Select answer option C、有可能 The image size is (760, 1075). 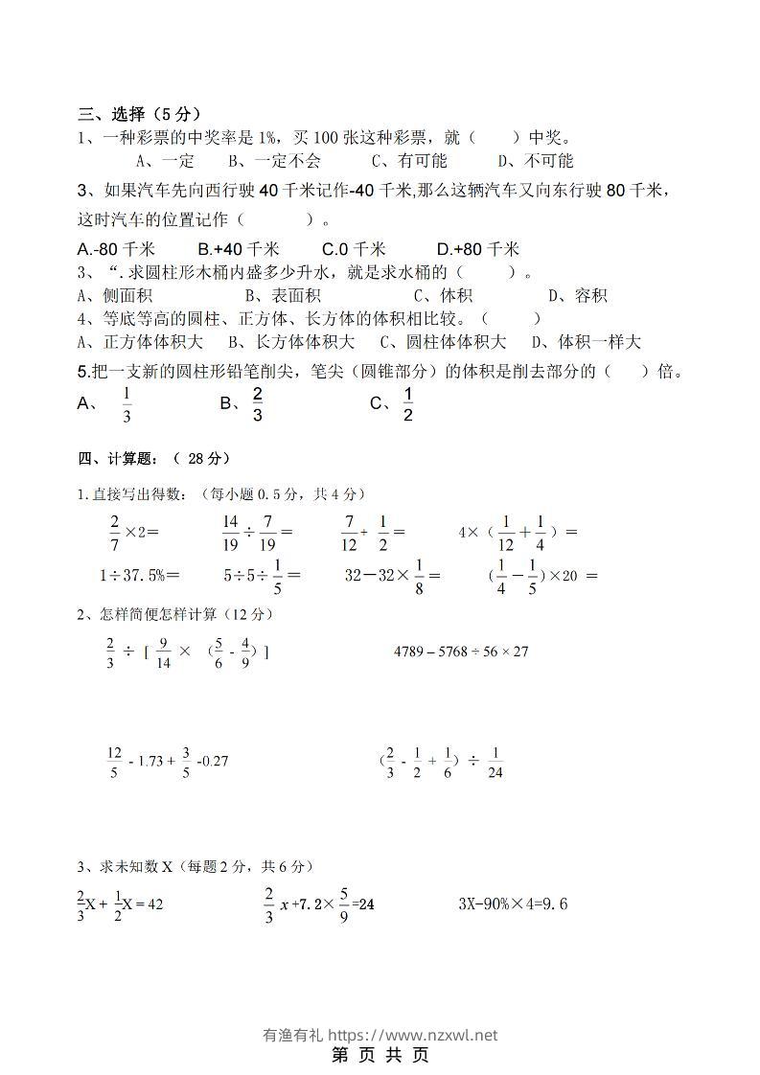[x=409, y=160]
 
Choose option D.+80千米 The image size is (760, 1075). [x=477, y=249]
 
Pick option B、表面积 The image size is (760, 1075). [x=283, y=296]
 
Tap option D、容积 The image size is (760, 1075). [x=577, y=296]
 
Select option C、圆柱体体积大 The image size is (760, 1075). [x=443, y=342]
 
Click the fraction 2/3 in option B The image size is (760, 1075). [x=257, y=404]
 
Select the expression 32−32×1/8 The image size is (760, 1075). [x=391, y=576]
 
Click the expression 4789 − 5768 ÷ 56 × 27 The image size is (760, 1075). [x=462, y=652]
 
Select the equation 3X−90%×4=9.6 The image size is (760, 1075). [x=514, y=903]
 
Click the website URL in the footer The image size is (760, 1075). [x=413, y=1035]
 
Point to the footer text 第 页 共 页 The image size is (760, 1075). [x=380, y=1055]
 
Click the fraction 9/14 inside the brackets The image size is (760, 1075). [x=163, y=652]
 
